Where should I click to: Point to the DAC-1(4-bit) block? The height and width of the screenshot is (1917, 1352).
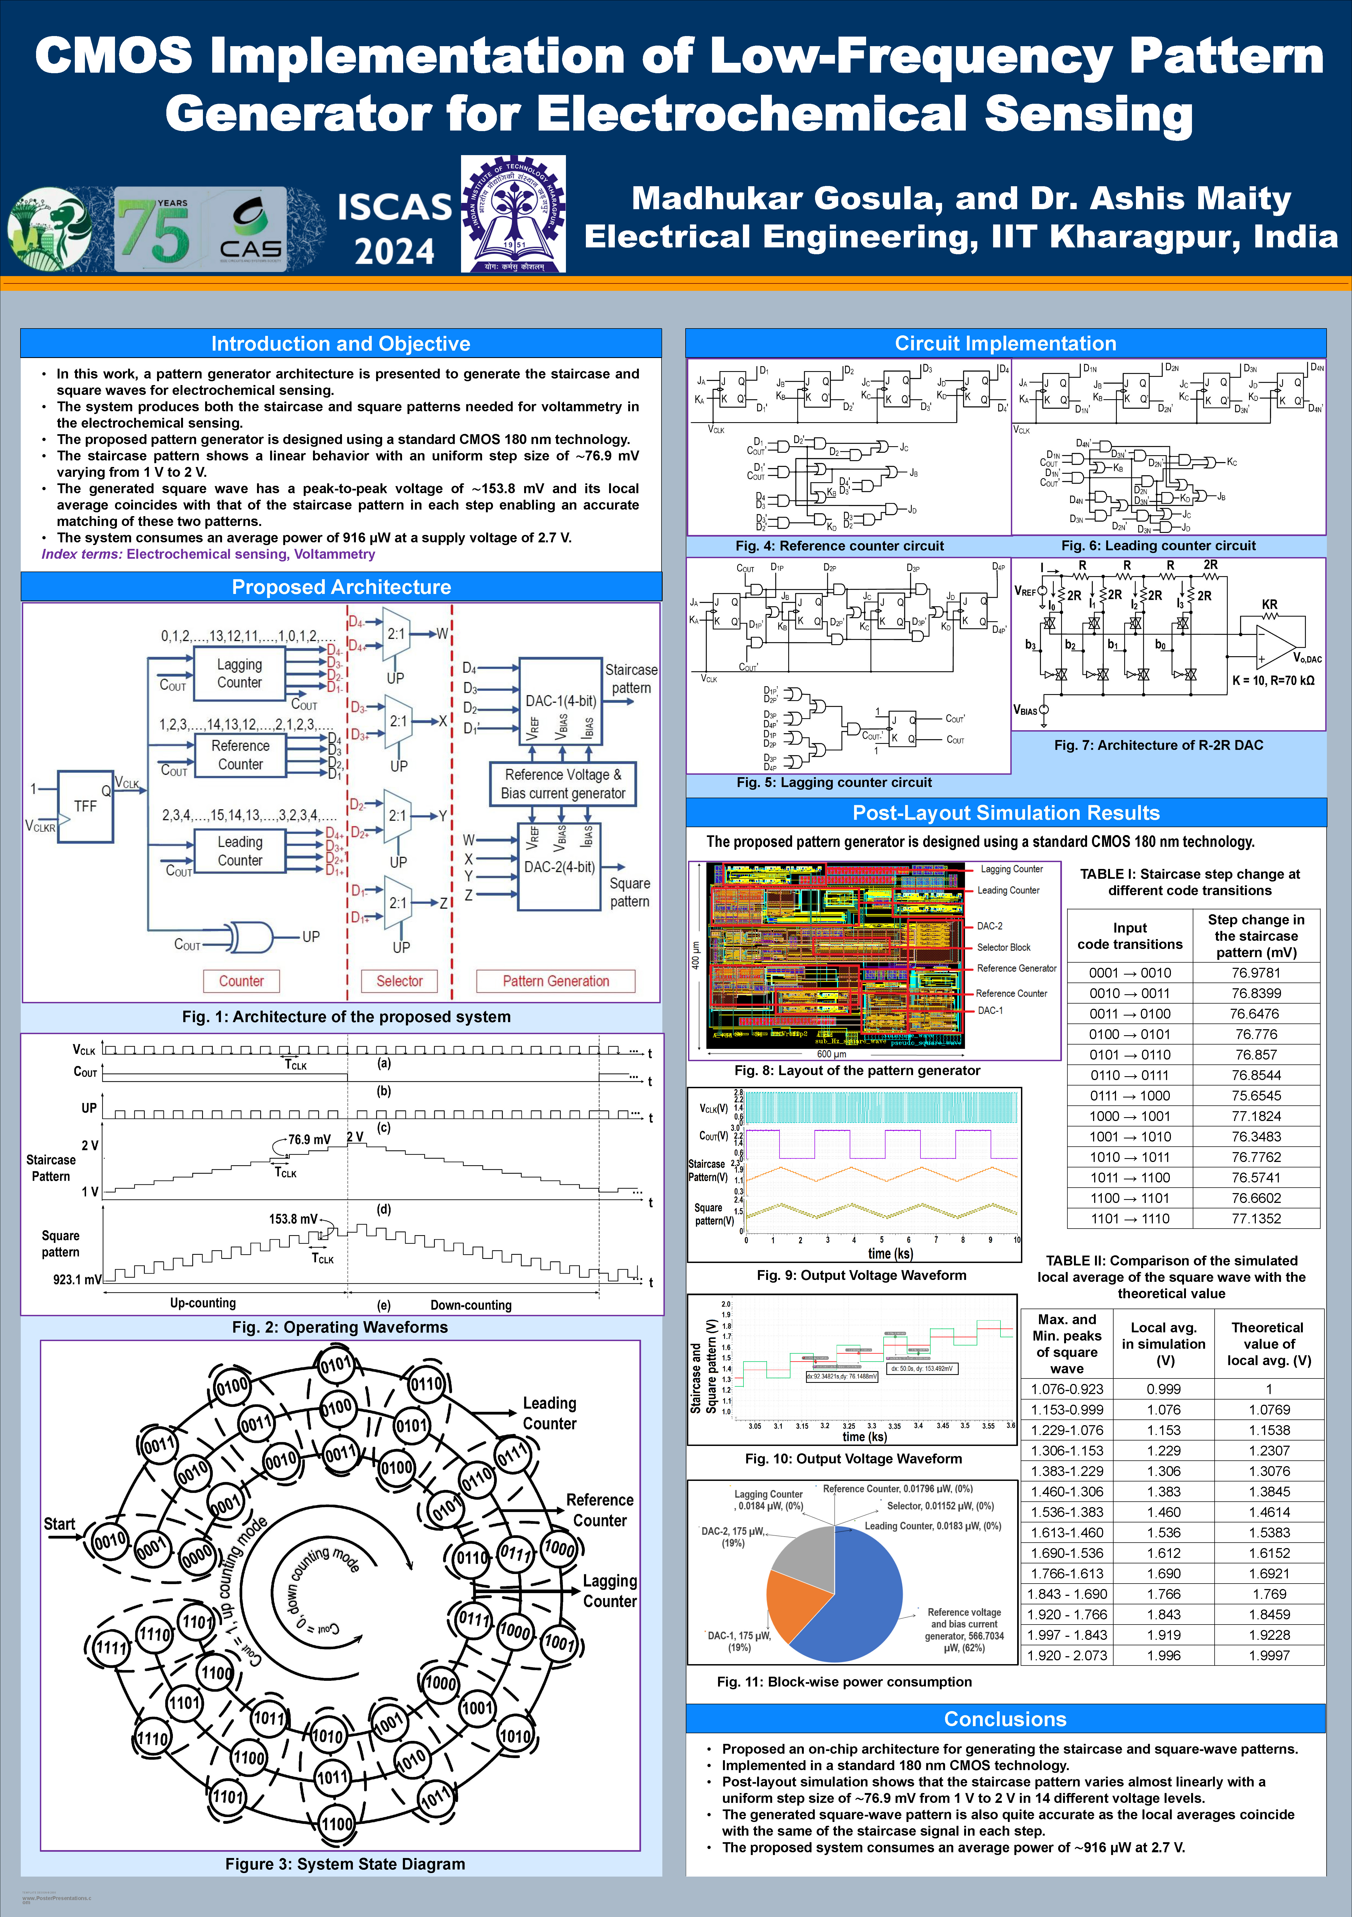(560, 700)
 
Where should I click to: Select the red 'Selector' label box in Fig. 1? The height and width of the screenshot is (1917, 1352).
(399, 981)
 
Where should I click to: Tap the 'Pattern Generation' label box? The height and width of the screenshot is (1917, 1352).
(555, 981)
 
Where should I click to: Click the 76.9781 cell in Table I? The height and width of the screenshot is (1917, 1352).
(1255, 973)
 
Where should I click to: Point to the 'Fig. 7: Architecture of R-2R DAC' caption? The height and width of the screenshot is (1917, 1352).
(1158, 745)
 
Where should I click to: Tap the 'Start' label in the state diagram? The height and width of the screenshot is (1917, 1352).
(59, 1524)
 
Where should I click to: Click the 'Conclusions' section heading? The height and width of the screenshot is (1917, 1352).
(1005, 1718)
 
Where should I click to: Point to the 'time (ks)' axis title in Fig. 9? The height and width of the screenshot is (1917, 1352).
(890, 1253)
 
